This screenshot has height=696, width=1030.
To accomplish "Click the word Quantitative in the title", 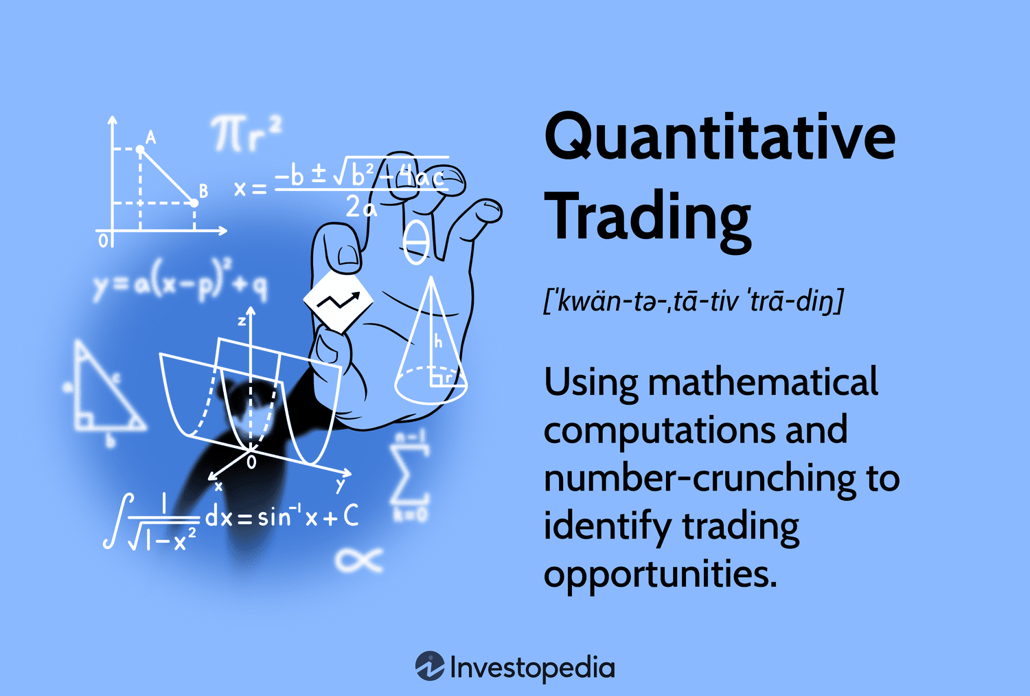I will (x=719, y=138).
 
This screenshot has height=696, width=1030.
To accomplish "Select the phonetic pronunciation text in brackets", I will (x=693, y=301).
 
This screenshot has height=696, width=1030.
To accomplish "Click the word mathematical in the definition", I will (x=762, y=383).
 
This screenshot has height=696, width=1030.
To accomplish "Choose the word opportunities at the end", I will (x=660, y=574).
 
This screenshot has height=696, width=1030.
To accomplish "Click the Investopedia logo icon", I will (x=430, y=666).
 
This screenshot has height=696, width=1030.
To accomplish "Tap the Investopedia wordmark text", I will (x=532, y=668).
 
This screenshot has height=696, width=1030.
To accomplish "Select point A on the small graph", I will (x=140, y=149).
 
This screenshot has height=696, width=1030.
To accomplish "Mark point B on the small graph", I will (x=194, y=203).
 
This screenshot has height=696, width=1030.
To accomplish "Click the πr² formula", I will (x=246, y=133).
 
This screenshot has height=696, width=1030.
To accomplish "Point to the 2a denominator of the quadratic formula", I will (x=361, y=206).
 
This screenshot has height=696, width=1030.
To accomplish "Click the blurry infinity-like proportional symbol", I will (x=358, y=560).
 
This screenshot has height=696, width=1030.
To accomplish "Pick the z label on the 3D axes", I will (x=242, y=320).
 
